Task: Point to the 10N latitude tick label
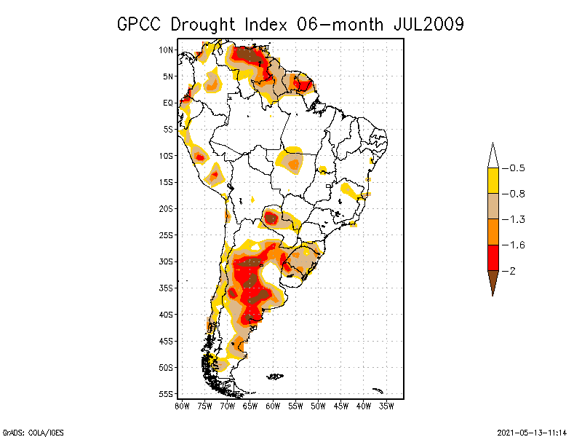[166, 50]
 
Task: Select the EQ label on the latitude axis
[167, 103]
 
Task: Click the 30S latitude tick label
[166, 261]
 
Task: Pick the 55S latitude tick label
[166, 394]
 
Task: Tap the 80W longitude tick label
[182, 406]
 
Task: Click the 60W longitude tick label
[273, 406]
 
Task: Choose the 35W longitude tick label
[386, 406]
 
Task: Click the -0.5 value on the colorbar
[517, 168]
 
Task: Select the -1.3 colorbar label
[517, 219]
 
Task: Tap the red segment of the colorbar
[493, 257]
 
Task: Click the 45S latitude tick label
[166, 341]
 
